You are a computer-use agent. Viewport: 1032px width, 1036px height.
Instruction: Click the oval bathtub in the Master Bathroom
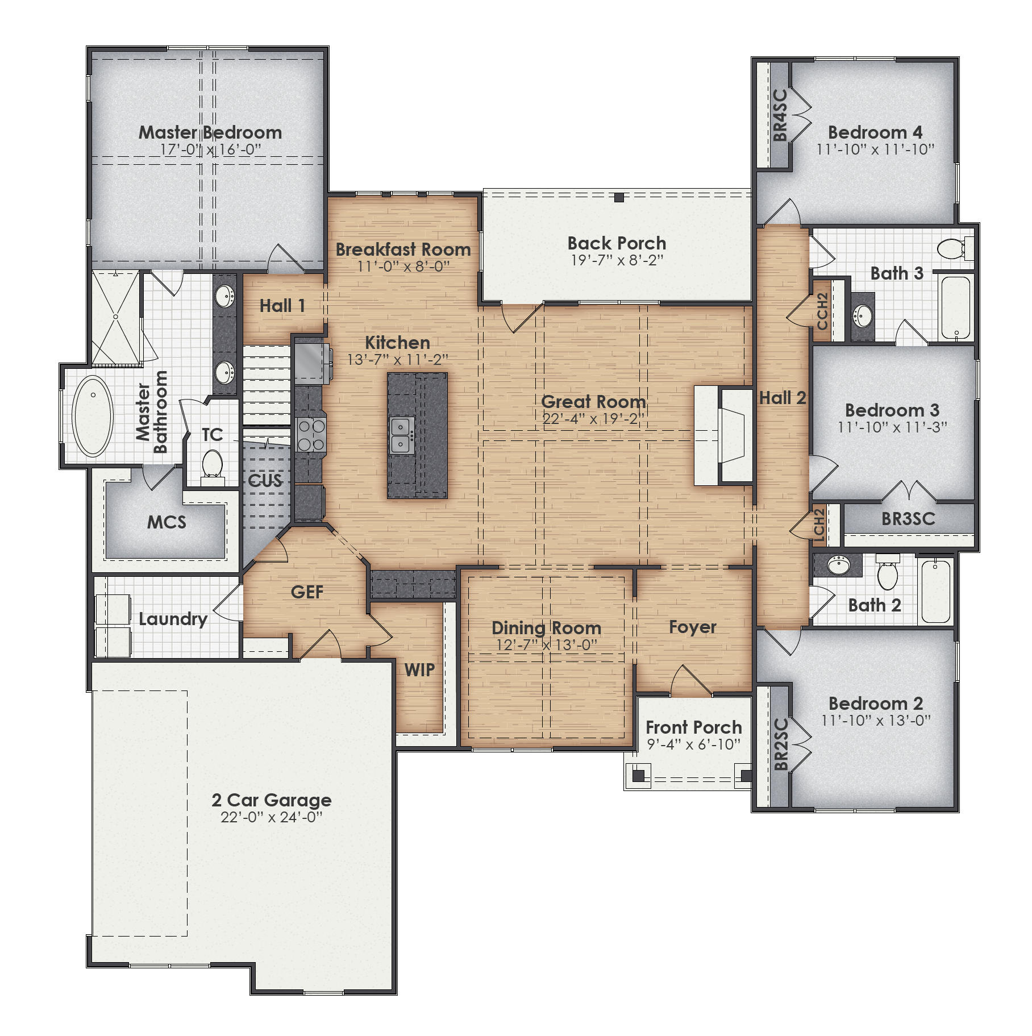[x=93, y=415]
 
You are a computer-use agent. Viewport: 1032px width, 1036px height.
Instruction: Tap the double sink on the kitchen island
[x=402, y=435]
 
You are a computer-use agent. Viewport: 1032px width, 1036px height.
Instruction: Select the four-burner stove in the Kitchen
[x=311, y=435]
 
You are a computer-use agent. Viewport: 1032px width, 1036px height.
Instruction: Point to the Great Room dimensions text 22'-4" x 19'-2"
[x=593, y=419]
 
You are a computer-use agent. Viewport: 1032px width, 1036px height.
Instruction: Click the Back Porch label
[x=617, y=243]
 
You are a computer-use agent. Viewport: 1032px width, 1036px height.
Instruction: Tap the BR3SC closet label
[x=908, y=518]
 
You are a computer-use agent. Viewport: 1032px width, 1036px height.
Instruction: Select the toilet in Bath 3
[x=952, y=248]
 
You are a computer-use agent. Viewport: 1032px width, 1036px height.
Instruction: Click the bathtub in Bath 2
[x=936, y=591]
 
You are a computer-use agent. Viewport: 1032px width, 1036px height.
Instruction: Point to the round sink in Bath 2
[x=838, y=565]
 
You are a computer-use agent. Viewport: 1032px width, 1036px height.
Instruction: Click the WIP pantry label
[x=419, y=670]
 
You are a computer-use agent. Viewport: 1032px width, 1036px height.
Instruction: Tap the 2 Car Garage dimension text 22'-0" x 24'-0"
[x=271, y=817]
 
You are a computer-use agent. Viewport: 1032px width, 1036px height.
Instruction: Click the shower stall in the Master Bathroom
[x=115, y=318]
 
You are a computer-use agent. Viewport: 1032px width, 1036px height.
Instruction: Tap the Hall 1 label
[x=282, y=306]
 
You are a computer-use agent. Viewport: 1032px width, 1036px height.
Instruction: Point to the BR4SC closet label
[x=780, y=115]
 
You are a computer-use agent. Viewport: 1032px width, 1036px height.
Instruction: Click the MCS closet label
[x=167, y=522]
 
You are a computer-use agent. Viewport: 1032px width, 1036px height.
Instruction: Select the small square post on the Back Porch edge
[x=619, y=198]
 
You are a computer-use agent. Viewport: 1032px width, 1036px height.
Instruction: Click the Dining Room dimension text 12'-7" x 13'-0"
[x=546, y=645]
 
